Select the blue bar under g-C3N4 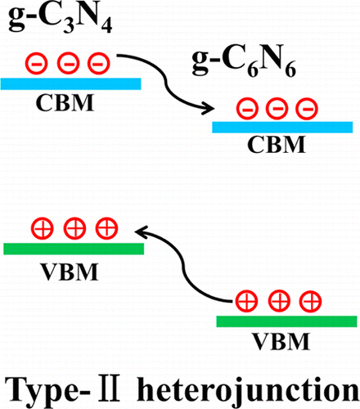71,83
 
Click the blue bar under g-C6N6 282,127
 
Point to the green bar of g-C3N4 73,249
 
